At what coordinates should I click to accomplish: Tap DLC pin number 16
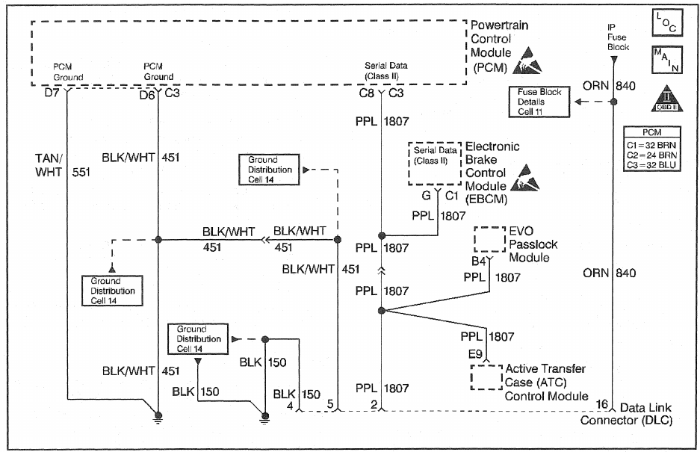click(601, 404)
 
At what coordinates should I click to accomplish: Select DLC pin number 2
click(372, 404)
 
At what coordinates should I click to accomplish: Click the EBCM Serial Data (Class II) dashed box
click(433, 163)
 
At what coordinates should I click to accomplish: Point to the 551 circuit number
click(81, 173)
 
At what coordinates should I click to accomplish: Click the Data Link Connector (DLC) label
click(638, 414)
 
